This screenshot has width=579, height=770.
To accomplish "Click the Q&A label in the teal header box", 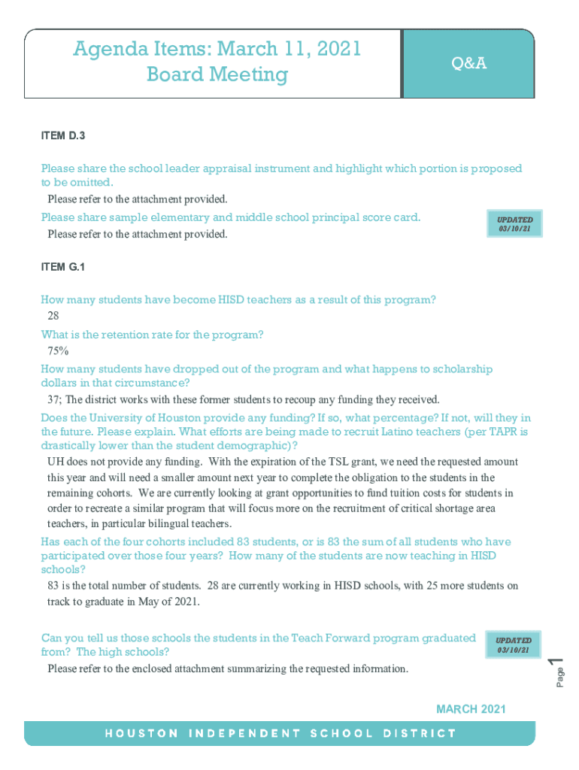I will point(468,64).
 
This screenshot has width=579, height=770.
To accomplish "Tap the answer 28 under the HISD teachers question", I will point(53,317).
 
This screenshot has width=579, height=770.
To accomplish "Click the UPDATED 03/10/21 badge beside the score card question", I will point(514,224).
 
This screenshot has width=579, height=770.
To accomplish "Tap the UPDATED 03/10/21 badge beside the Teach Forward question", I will point(513,645).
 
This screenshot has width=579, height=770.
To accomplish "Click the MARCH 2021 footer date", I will point(471,708).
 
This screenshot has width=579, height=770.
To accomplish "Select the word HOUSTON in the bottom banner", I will point(142,733).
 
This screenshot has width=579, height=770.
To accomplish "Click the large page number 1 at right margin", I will point(555,662).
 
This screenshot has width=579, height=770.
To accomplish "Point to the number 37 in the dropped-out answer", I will point(53,399).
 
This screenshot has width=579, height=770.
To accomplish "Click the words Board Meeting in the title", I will point(217,75).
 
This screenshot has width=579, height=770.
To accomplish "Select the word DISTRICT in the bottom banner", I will point(420,733).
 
